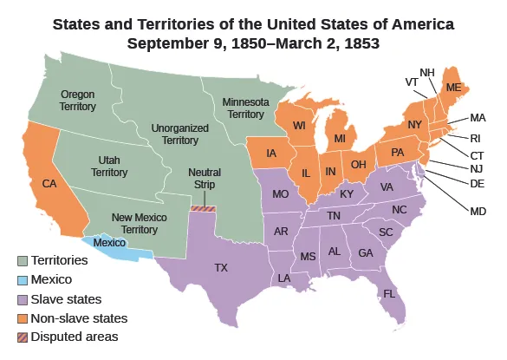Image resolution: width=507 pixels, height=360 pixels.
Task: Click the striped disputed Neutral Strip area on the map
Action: (x=202, y=208)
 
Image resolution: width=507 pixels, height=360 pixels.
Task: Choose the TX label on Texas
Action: (x=221, y=267)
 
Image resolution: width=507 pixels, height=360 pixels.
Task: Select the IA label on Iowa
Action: (x=272, y=154)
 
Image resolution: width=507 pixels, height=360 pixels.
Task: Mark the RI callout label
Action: (x=478, y=136)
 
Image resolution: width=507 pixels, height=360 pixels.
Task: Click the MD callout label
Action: (x=476, y=209)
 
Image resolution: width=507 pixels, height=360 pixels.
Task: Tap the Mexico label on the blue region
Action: (x=108, y=244)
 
